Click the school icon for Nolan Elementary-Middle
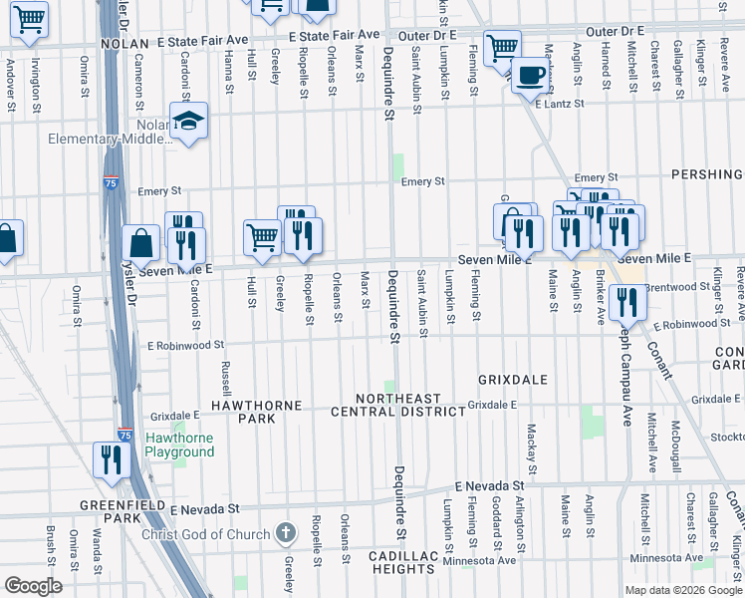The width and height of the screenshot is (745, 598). [x=188, y=121]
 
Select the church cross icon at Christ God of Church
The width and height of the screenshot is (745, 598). [x=286, y=534]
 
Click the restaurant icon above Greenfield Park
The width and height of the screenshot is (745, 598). [x=111, y=458]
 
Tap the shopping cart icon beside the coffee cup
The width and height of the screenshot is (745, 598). [x=502, y=45]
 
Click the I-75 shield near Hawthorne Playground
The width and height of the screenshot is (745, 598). [x=124, y=435]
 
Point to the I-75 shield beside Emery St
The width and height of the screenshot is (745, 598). [x=110, y=182]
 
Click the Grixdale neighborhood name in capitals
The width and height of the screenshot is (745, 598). [x=512, y=380]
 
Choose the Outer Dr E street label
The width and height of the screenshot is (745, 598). [x=426, y=35]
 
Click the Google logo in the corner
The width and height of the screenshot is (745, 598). [x=33, y=585]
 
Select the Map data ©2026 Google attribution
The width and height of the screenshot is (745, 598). [x=682, y=590]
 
